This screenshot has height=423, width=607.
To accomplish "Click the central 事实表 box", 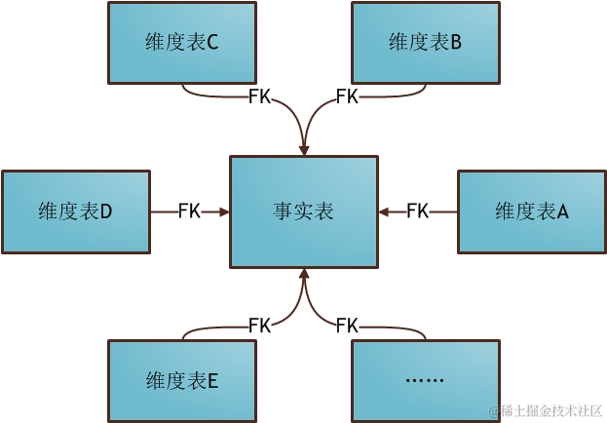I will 303,211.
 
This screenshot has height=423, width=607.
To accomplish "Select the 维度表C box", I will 182,42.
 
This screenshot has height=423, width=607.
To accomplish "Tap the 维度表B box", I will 425,42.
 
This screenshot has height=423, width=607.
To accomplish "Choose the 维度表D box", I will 76,211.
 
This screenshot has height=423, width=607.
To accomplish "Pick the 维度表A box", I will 531,211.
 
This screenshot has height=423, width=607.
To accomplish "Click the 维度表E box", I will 182,379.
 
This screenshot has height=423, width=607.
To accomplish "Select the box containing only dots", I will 425,379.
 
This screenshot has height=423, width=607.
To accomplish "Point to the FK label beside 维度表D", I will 189,211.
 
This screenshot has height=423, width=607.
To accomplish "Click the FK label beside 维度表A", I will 417,211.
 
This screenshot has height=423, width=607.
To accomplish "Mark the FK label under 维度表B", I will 347,96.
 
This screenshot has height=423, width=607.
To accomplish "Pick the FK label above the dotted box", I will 347,325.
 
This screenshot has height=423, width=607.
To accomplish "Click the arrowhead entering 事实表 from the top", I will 304,149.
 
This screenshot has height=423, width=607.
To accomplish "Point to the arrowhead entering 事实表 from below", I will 304,273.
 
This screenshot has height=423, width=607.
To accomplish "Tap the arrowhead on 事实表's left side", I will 224,211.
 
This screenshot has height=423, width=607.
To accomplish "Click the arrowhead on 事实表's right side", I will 384,211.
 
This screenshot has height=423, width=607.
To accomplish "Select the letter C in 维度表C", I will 212,43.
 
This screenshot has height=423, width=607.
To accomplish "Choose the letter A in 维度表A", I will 562,211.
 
